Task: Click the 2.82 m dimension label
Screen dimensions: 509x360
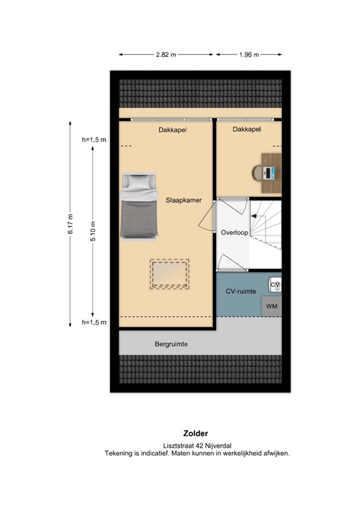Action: (167, 55)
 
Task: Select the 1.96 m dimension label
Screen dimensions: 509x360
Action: (249, 55)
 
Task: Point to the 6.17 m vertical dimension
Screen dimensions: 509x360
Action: (70, 223)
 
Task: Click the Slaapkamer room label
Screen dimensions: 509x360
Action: (183, 199)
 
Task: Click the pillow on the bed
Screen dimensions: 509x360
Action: (140, 182)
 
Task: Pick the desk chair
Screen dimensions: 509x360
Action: (258, 172)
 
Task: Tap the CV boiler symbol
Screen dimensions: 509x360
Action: (275, 284)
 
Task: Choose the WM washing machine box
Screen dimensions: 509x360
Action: (271, 307)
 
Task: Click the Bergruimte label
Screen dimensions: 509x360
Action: (172, 345)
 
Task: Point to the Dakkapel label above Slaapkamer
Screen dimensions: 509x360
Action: (172, 131)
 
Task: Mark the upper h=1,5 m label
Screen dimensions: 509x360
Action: (94, 140)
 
